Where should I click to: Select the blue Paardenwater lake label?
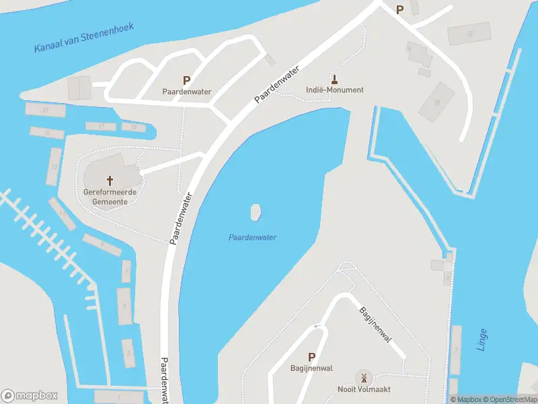coord(253,237)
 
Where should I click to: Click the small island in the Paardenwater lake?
coord(255,213)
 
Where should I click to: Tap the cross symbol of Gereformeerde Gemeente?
coord(110,180)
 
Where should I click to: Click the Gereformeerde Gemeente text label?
coord(110,197)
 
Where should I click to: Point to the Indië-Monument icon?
coord(334,77)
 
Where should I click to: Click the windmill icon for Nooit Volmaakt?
coord(364,377)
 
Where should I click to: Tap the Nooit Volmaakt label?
coord(364,389)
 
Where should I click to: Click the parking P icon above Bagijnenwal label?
coord(311,356)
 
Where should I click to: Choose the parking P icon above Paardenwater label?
coord(186,79)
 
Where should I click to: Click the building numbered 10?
coord(437,102)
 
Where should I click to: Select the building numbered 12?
coord(469,34)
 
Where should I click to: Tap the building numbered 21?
coord(45,110)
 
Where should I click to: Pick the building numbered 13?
coord(54,166)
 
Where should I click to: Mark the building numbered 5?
coord(124,306)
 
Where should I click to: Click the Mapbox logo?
coord(30,396)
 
